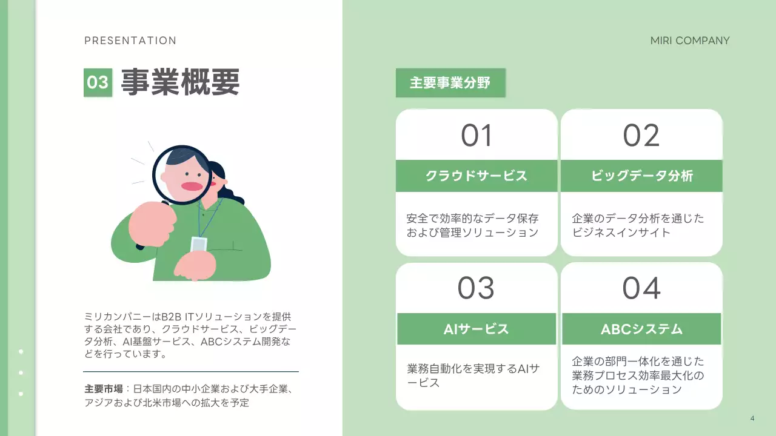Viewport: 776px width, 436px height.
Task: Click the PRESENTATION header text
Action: [130, 41]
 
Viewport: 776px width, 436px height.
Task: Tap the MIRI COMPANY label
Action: [690, 41]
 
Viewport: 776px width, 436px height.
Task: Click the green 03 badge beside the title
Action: [98, 82]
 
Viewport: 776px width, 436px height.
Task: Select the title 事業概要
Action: [180, 82]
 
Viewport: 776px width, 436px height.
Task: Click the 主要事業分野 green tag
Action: [450, 83]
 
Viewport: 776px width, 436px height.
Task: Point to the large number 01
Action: [477, 136]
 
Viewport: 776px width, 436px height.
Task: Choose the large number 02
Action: [641, 136]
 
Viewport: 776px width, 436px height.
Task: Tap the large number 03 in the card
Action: [476, 289]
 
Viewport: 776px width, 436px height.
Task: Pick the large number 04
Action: [641, 289]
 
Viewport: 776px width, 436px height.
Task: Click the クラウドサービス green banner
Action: [477, 176]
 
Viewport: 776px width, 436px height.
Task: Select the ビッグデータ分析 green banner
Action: [641, 176]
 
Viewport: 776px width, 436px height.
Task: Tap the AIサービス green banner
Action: [477, 329]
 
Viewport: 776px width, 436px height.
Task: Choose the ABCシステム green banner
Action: [641, 329]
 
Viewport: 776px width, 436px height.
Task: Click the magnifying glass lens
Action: [181, 175]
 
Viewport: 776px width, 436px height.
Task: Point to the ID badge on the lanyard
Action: [199, 244]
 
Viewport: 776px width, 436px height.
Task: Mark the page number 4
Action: [752, 418]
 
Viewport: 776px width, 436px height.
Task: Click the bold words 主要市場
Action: [104, 389]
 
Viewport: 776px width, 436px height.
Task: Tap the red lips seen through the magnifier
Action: [192, 186]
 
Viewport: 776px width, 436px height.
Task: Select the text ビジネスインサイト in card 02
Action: [621, 233]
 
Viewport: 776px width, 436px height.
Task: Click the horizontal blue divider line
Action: [191, 371]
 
